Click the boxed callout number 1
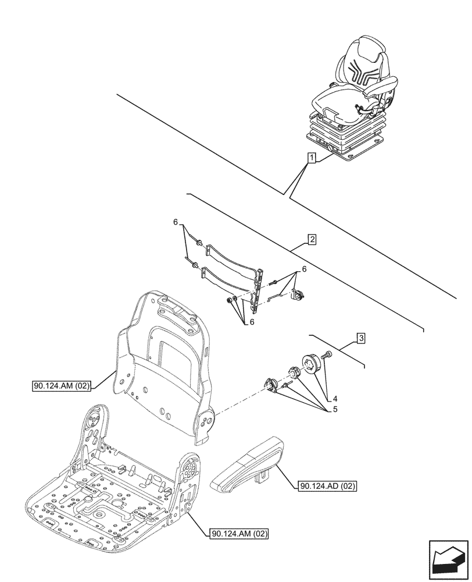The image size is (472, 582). click(312, 158)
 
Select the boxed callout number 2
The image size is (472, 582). click(312, 239)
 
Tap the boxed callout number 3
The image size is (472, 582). click(361, 338)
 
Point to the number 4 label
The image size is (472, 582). click(335, 399)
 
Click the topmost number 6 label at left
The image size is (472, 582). click(174, 223)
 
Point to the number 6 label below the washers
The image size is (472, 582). click(252, 322)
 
